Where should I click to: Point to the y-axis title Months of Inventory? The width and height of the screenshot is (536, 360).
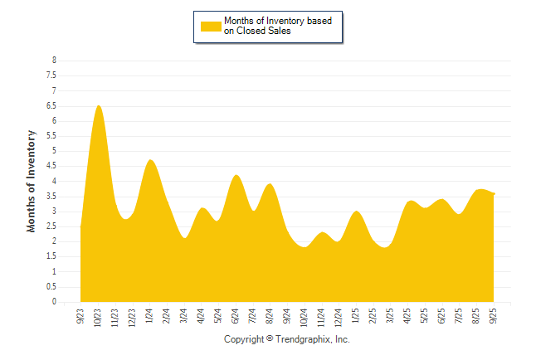click(x=32, y=181)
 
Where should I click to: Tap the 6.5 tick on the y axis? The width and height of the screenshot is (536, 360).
click(x=53, y=105)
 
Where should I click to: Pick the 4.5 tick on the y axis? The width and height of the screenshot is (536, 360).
click(x=53, y=166)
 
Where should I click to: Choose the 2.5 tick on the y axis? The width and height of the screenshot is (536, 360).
click(x=53, y=226)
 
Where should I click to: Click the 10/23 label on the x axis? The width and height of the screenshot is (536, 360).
click(x=99, y=319)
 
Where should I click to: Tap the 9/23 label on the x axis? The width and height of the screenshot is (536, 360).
click(x=81, y=317)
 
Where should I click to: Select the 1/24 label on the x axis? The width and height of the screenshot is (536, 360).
click(x=150, y=317)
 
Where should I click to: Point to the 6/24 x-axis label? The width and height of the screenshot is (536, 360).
click(x=236, y=317)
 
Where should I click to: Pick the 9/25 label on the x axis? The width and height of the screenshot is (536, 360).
click(x=494, y=317)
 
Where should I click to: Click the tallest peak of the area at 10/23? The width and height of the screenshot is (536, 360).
click(x=99, y=106)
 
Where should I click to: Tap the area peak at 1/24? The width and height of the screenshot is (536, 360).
click(x=150, y=160)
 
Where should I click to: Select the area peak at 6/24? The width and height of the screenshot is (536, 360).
click(x=236, y=176)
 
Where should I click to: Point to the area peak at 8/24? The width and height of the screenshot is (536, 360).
click(x=270, y=184)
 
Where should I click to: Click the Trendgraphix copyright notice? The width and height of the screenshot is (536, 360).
click(x=287, y=339)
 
